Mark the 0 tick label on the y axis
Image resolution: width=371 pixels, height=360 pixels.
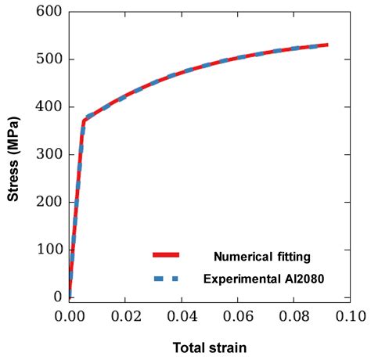pos(57,297)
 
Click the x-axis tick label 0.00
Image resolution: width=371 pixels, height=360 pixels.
pos(70,316)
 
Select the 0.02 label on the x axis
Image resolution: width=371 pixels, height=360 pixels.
pos(126,316)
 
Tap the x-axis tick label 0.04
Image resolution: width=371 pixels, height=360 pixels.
pos(182,316)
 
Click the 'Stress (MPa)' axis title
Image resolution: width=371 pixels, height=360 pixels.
pos(13,155)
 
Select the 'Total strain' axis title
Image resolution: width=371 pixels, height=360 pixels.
pos(210,345)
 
